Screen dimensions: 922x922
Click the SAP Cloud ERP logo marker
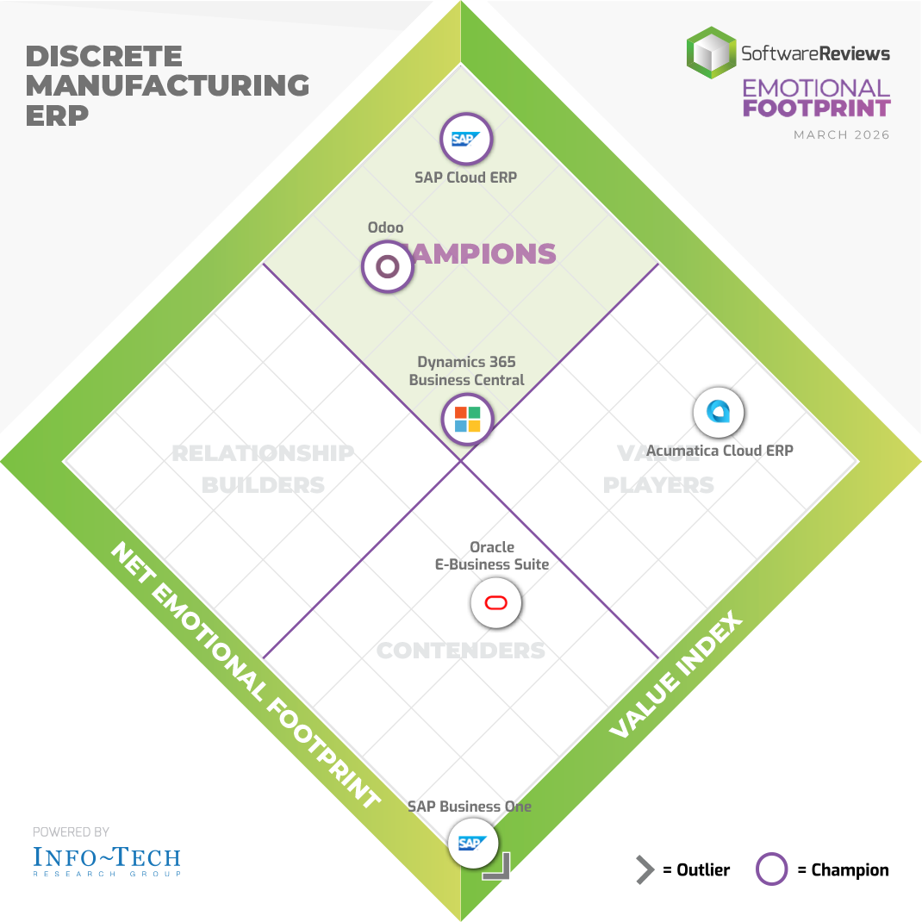466,139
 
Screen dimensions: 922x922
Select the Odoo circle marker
388,266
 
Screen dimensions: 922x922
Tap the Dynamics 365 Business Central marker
467,420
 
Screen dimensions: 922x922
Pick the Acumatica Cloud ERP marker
719,413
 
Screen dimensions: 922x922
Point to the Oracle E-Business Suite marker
496,602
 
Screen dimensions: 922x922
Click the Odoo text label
385,227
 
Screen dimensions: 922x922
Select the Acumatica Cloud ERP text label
720,451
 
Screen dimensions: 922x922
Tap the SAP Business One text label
470,807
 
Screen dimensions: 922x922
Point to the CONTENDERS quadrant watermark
461,650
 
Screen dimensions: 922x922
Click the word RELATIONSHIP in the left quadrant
263,453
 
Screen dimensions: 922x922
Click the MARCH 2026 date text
842,135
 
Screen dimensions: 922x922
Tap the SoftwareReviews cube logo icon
712,52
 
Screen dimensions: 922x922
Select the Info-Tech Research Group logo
107,860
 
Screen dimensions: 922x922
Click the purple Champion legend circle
772,870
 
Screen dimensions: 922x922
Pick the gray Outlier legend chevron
645,870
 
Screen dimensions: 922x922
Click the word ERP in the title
57,115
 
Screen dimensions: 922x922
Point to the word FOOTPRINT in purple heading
816,109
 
